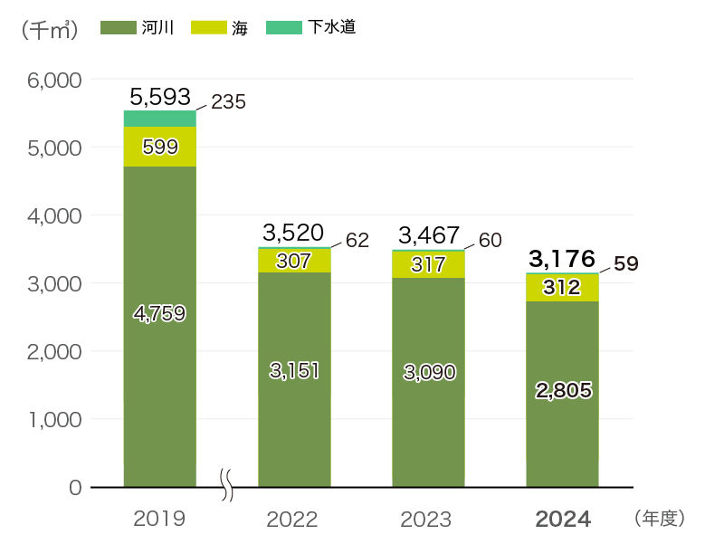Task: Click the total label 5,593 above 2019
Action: coord(160,96)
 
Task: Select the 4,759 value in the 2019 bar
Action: coord(159,314)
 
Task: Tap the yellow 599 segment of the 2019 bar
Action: coord(159,147)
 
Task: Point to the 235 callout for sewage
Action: coord(228,102)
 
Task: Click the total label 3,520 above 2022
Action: coord(293,233)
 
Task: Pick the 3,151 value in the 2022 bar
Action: coord(294,370)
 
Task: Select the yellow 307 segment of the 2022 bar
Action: coord(294,262)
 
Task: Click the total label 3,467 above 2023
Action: coord(429,236)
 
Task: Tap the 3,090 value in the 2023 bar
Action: coord(429,371)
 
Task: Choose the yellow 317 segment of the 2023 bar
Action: coord(429,265)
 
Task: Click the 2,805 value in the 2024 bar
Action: coord(563,391)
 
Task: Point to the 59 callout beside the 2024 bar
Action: coord(625,264)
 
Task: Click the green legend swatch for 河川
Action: coord(118,28)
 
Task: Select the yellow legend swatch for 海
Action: coord(207,28)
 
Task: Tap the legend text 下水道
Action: coord(330,28)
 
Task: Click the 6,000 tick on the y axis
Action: coord(55,80)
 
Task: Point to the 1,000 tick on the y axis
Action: coord(55,419)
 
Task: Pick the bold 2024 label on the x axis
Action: coord(563,520)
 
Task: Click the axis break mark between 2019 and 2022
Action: coord(228,485)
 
